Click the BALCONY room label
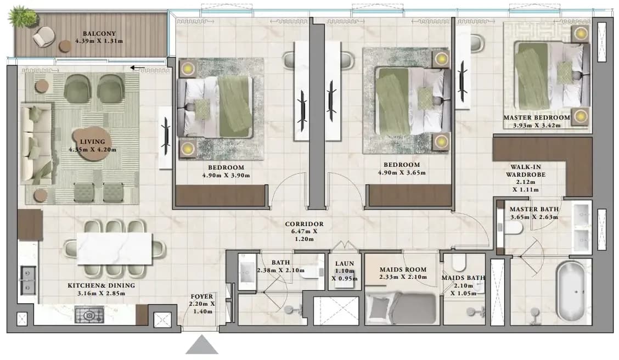99,34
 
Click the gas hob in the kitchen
89,315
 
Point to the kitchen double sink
28,280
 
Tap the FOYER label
202,296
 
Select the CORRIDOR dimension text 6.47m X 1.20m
305,235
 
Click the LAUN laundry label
345,263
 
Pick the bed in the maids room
401,307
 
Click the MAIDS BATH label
463,278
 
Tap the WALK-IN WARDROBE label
526,171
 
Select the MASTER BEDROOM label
537,117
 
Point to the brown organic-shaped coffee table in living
90,144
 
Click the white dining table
115,249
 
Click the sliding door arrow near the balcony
135,68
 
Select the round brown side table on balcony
65,47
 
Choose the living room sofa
36,144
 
